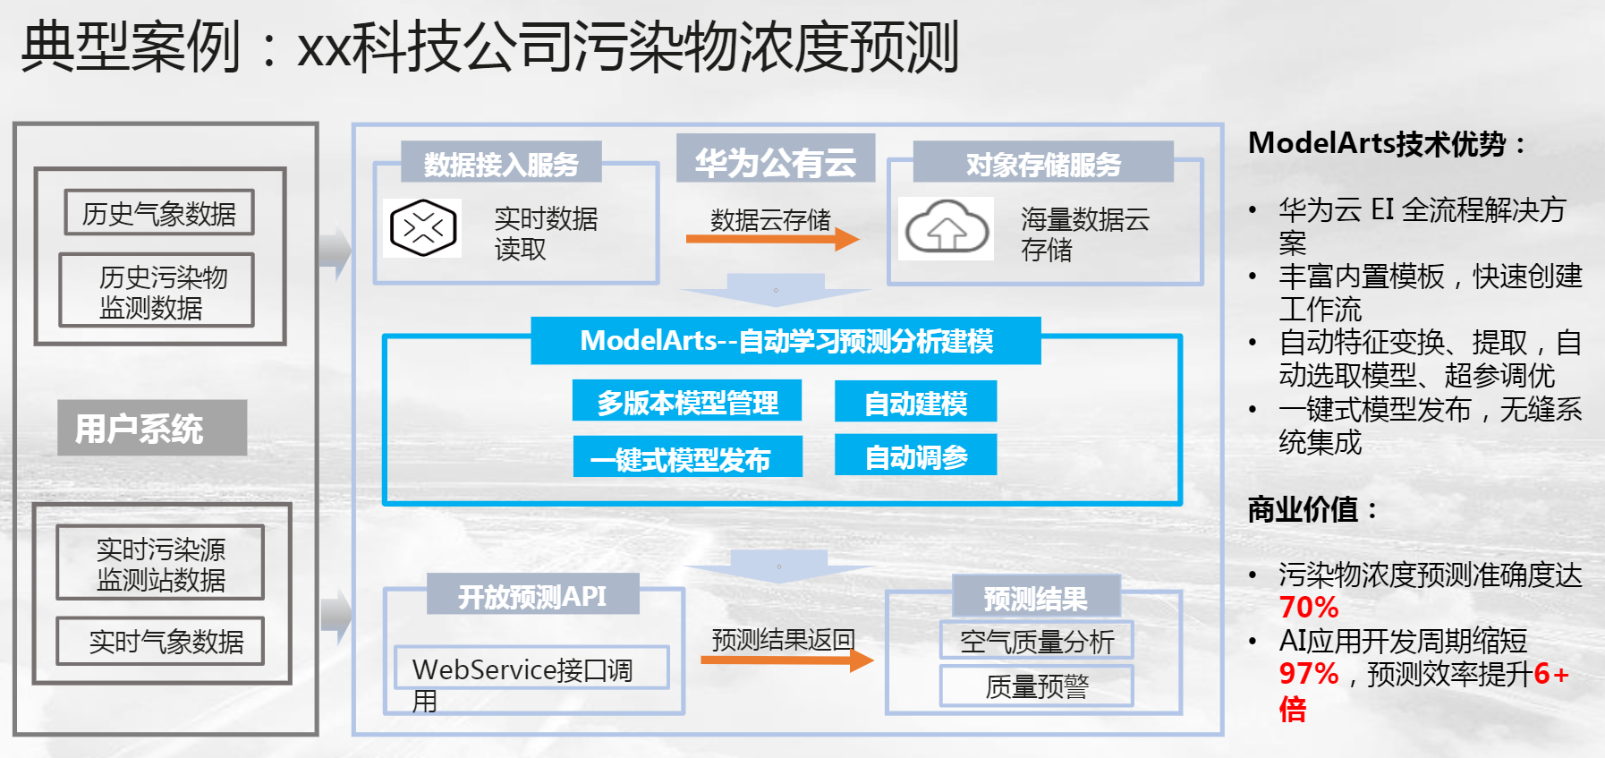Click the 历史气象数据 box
159,212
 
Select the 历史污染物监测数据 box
157,290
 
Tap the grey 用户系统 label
152,428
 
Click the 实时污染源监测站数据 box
160,562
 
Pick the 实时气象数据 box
160,641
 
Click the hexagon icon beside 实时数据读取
423,228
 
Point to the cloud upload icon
947,228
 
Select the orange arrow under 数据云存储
772,239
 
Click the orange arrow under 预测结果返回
787,660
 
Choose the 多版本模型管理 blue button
687,401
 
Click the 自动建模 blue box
915,401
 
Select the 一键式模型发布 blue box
687,456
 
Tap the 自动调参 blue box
915,455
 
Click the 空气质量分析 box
1037,640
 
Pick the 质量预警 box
1037,686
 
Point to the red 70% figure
1309,608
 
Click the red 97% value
1309,674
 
